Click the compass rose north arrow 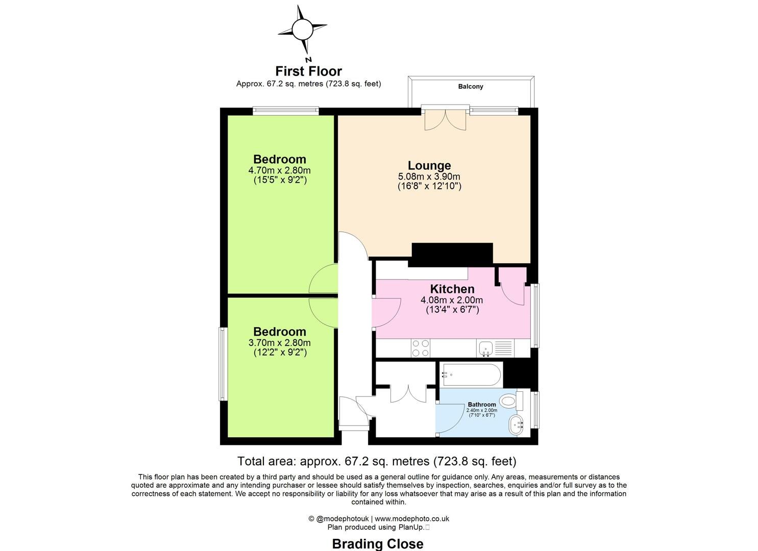[302, 30]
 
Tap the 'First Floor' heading [308, 71]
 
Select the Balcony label [470, 87]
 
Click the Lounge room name [429, 165]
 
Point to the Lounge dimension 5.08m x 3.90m [429, 177]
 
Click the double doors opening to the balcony [445, 119]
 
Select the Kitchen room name [452, 289]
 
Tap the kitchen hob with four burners [421, 348]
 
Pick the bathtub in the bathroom [471, 375]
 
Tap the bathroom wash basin [516, 424]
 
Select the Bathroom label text [481, 405]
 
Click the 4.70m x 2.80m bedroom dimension [279, 170]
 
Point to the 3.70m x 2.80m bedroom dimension [279, 343]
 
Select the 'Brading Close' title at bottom [377, 544]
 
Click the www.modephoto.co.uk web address [412, 519]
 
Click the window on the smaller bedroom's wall [223, 364]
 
